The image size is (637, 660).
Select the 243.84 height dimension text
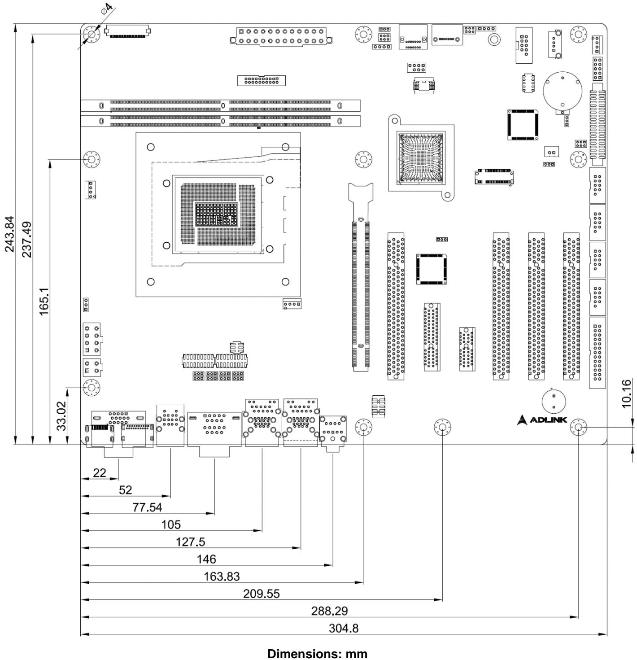pyautogui.click(x=9, y=234)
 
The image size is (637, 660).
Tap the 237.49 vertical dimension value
pyautogui.click(x=26, y=239)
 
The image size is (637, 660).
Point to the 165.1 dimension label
pyautogui.click(x=44, y=301)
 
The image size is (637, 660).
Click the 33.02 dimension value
pyautogui.click(x=61, y=416)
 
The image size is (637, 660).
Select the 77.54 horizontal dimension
pyautogui.click(x=147, y=507)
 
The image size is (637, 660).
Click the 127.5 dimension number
pyautogui.click(x=190, y=542)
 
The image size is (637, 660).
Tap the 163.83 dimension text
pyautogui.click(x=221, y=576)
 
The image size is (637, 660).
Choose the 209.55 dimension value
pyautogui.click(x=261, y=594)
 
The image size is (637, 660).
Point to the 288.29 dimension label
pyautogui.click(x=329, y=611)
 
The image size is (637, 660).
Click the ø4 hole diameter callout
pyautogui.click(x=106, y=9)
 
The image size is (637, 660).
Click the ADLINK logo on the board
pyautogui.click(x=541, y=420)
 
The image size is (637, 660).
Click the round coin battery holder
pyautogui.click(x=562, y=91)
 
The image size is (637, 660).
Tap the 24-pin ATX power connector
pyautogui.click(x=281, y=36)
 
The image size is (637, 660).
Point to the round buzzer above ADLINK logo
pyautogui.click(x=554, y=401)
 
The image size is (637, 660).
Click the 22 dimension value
pyautogui.click(x=99, y=472)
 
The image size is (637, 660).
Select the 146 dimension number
pyautogui.click(x=206, y=559)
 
